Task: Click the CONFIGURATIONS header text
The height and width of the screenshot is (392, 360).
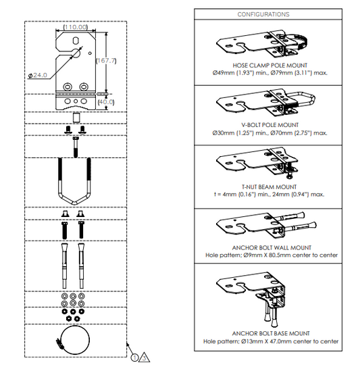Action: tap(263, 14)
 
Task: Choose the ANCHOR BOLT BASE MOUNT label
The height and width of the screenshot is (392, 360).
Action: tap(270, 333)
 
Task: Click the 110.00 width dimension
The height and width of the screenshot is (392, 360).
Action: tap(75, 28)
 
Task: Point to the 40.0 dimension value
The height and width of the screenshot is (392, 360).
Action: tap(106, 101)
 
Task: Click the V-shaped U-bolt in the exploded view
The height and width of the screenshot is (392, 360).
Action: tap(74, 182)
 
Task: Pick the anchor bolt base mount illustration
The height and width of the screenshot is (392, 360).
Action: tap(267, 297)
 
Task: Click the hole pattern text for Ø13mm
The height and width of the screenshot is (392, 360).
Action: tap(270, 341)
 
